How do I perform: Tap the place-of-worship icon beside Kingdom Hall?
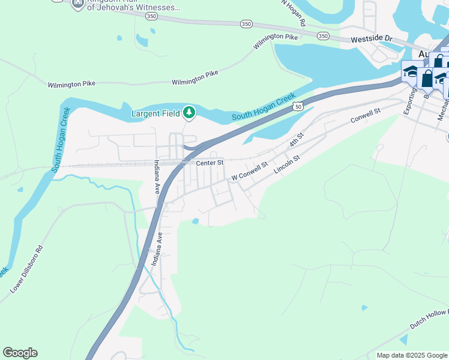pos(77,5)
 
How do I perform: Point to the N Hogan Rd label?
pos(294,12)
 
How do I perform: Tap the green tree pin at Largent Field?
pos(189,112)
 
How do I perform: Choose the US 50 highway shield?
pos(298,106)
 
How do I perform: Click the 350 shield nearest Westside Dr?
pos(324,36)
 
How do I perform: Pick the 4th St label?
pos(294,142)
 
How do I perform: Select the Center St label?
pos(209,162)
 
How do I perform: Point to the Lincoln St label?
pos(286,164)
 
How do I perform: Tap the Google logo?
pos(20,353)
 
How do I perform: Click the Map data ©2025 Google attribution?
pos(412,355)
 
